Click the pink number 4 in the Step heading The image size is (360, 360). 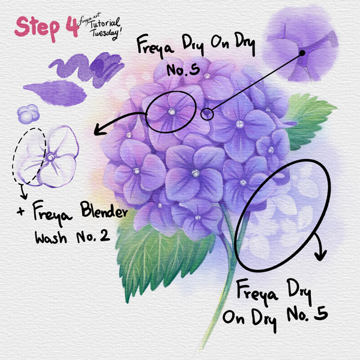73,26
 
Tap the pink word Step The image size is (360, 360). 37,28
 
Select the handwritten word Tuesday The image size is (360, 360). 106,34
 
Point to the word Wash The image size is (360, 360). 51,237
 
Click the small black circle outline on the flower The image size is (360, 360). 207,114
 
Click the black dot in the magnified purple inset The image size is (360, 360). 302,53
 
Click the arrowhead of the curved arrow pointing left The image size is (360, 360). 99,130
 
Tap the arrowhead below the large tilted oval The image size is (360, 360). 320,256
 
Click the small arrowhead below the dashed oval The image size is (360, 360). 23,196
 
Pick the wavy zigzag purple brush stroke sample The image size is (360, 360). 87,69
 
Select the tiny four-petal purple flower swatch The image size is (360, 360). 28,114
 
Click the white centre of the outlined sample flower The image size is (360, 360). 50,157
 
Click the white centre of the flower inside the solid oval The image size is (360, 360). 172,112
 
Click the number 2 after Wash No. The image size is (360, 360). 104,236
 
